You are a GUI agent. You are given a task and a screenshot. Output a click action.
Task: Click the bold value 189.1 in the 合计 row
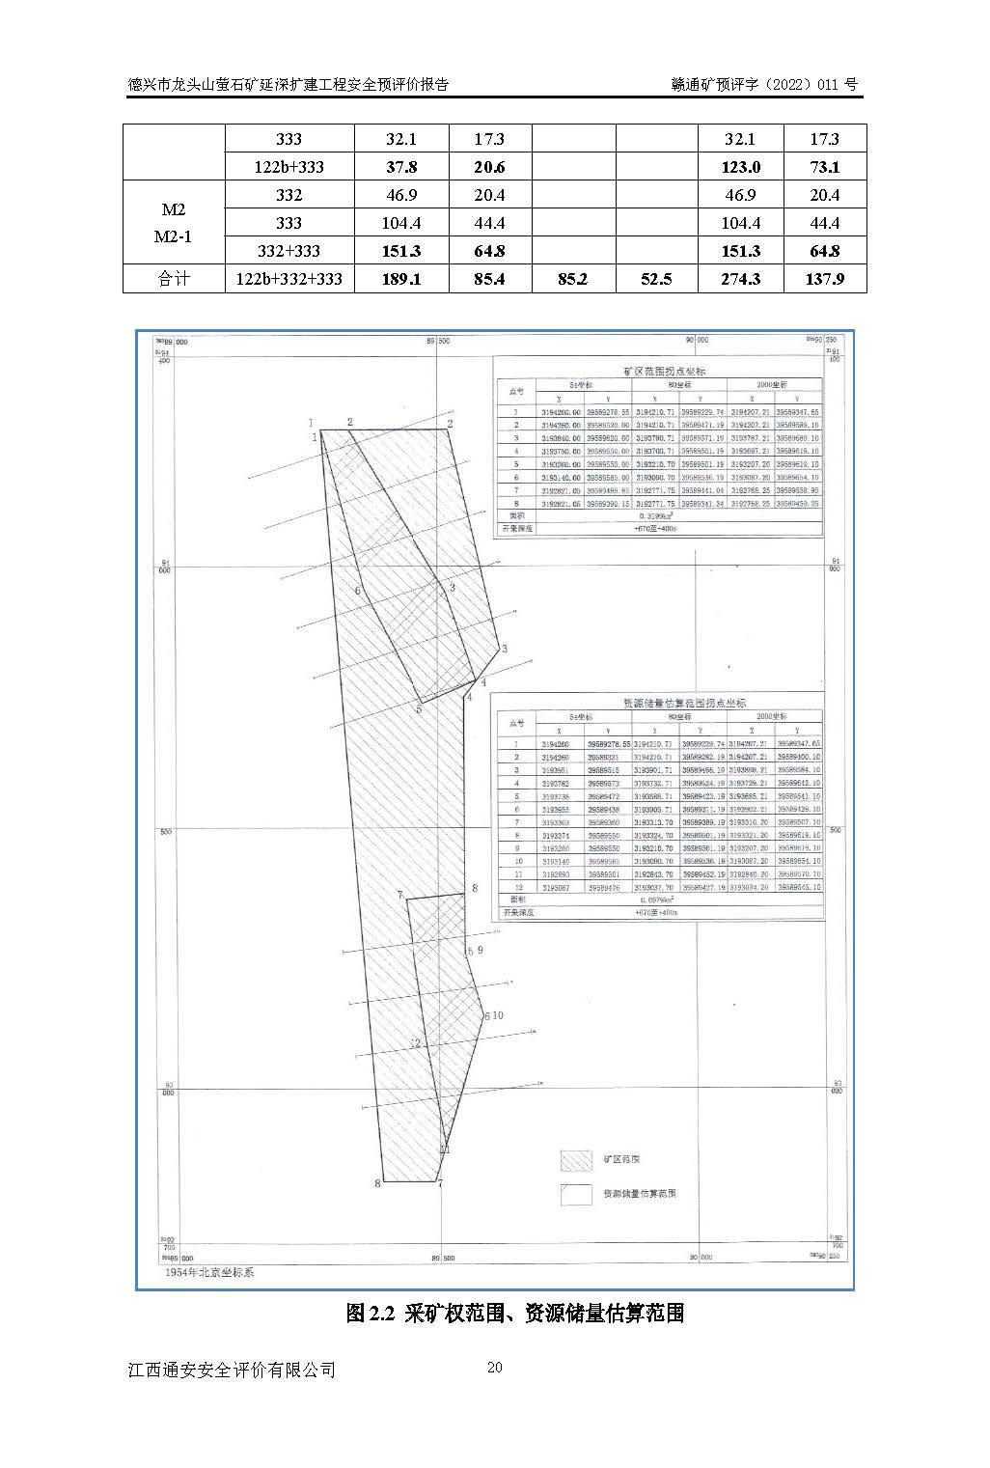(x=401, y=279)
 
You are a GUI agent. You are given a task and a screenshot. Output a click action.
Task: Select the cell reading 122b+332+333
(x=289, y=279)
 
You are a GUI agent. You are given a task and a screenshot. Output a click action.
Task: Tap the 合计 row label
(x=174, y=279)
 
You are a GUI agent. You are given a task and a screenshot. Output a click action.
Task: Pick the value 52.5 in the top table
(x=656, y=279)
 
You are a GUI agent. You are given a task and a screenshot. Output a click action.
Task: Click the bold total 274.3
(x=740, y=279)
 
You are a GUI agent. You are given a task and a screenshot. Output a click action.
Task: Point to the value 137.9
(x=824, y=279)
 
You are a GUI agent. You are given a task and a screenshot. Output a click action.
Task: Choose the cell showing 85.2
(x=573, y=279)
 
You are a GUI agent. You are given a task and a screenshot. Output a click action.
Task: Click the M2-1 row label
(x=174, y=235)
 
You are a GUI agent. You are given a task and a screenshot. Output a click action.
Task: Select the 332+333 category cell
(x=289, y=251)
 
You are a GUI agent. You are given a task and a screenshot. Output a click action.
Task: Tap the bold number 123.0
(x=740, y=167)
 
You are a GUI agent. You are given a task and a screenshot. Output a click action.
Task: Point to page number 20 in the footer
(x=495, y=1367)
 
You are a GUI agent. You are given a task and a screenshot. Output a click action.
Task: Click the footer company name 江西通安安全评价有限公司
(x=232, y=1369)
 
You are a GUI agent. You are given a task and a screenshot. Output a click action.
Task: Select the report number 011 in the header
(x=827, y=84)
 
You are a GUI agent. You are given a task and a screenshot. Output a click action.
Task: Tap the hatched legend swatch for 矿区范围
(x=576, y=1159)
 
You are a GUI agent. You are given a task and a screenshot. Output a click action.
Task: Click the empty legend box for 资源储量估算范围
(x=576, y=1194)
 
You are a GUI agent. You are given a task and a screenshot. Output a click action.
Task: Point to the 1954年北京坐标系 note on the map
(x=209, y=1272)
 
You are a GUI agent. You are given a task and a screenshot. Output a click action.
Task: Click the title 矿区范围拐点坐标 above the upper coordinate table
(x=665, y=371)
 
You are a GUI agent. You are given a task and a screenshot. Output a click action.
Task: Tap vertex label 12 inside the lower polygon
(x=417, y=1043)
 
